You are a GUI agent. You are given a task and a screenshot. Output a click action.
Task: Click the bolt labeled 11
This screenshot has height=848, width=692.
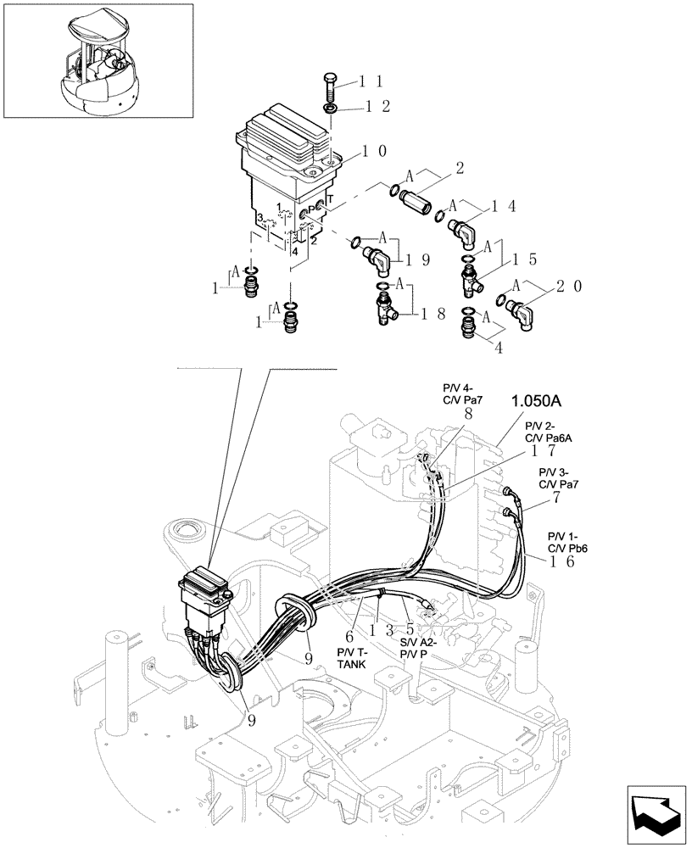point(331,87)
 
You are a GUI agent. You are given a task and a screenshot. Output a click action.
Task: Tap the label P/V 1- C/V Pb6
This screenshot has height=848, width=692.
point(567,542)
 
